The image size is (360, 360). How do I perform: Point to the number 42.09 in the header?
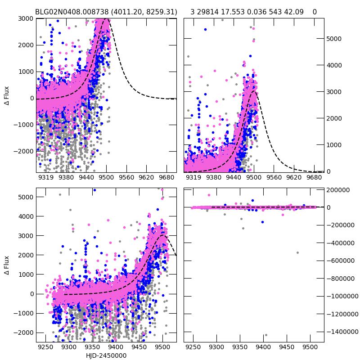293,12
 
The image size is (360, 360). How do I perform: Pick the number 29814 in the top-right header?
211,12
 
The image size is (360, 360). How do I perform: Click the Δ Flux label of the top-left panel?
6,96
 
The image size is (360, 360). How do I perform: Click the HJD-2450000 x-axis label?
106,355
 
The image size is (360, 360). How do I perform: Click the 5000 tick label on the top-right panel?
334,39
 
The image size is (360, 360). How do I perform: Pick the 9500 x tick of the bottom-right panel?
310,348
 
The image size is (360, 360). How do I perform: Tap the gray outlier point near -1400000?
266,335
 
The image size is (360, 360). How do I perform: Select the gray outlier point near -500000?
297,252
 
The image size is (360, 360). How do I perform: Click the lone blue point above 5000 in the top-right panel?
205,30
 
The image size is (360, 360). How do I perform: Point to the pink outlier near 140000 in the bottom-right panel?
209,195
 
